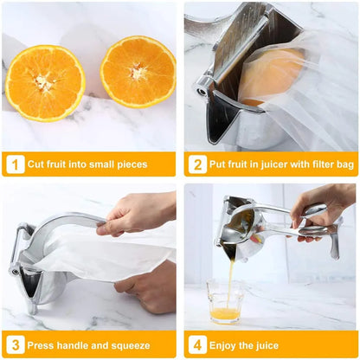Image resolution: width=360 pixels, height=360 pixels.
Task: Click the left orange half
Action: coord(45,83)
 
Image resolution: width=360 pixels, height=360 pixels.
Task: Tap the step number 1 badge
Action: coord(14,164)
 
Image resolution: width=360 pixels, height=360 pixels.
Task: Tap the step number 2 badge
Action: coord(196,164)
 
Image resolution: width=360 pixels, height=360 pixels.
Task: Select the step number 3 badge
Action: coord(14,344)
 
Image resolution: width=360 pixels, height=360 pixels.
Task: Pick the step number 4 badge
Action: coord(196,344)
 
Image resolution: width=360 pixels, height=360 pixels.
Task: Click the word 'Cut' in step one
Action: coord(37,164)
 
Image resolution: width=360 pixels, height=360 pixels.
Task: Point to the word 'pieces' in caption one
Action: coord(130,164)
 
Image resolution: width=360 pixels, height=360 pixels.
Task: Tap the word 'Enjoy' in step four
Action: coord(226,344)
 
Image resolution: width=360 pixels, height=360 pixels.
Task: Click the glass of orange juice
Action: coord(224,303)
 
